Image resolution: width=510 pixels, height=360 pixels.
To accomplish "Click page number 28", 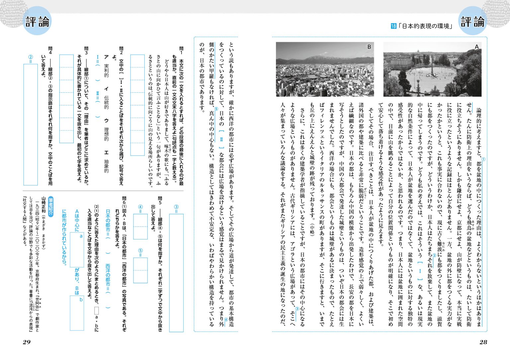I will (x=483, y=342).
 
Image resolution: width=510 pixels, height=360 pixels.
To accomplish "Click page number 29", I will (x=27, y=342).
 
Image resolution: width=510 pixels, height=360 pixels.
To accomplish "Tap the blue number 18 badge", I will (x=393, y=26).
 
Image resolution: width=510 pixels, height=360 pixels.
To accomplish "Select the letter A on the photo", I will (x=476, y=47).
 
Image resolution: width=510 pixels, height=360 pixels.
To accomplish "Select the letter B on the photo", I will (x=369, y=47).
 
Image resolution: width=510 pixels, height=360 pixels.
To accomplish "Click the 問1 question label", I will (x=181, y=51).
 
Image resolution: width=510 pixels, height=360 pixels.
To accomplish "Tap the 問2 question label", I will (x=121, y=51).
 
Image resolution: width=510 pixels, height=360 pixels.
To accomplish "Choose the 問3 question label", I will (x=86, y=51).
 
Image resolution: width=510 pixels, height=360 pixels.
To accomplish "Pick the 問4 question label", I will (x=50, y=51).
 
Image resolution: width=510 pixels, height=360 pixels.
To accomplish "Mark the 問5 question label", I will (x=160, y=201).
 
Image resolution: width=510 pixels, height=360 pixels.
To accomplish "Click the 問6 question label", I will (x=124, y=201).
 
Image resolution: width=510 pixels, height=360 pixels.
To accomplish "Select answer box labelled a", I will (x=77, y=249).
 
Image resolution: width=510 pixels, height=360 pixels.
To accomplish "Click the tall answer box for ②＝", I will (x=31, y=124).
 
